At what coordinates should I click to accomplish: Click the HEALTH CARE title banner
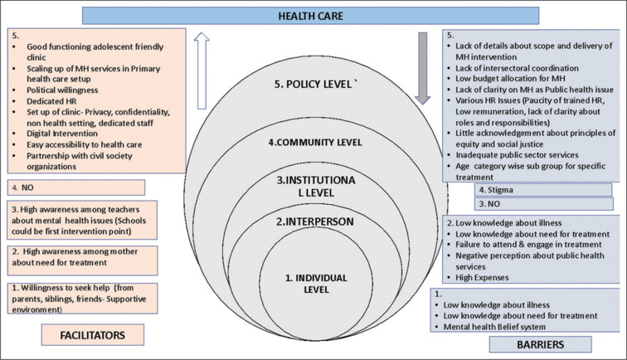click(313, 15)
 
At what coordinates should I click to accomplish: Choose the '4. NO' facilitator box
click(76, 187)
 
